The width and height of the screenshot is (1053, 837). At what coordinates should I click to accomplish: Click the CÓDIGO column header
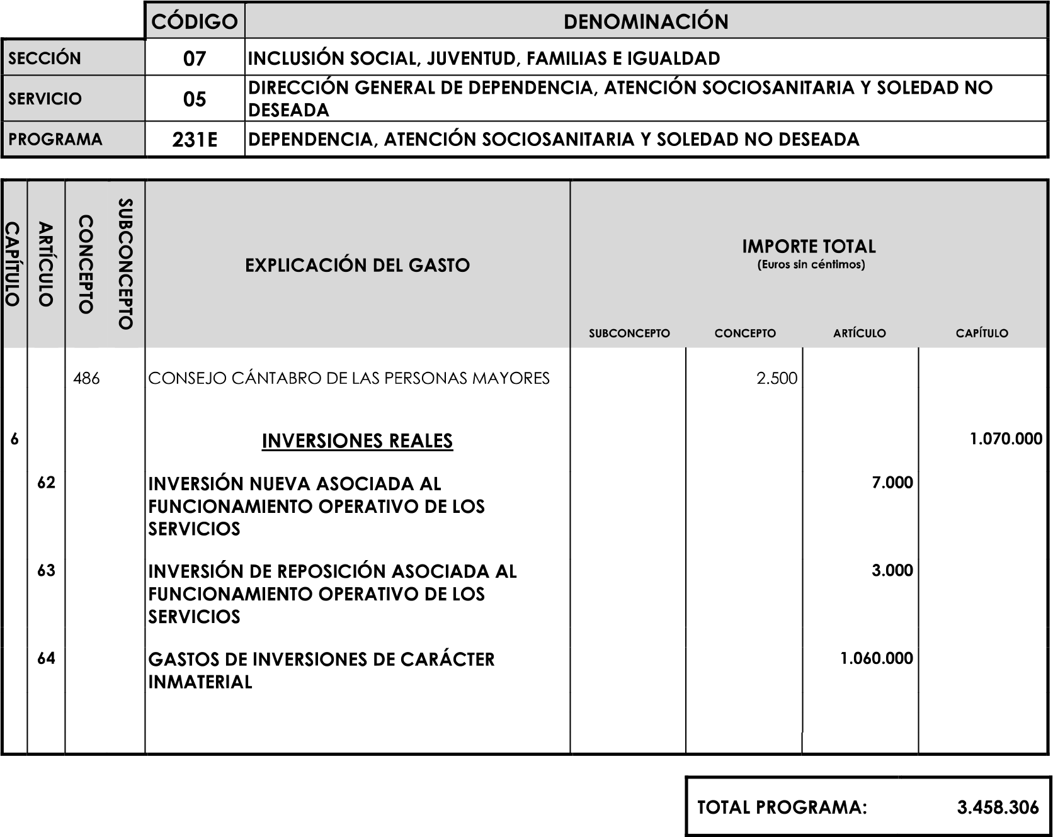(195, 21)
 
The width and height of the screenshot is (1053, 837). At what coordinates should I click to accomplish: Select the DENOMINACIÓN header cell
(646, 21)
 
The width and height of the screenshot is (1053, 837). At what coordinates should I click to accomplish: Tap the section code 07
(195, 59)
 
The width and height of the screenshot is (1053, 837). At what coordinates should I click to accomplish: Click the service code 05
(195, 99)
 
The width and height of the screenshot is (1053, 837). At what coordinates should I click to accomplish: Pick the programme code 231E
(195, 140)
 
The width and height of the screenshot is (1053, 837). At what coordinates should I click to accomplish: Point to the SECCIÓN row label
(45, 59)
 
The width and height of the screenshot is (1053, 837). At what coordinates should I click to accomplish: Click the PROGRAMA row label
(55, 139)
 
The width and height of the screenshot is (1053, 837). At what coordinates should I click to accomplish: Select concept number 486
(86, 379)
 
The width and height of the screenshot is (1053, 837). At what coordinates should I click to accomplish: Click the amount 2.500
(777, 379)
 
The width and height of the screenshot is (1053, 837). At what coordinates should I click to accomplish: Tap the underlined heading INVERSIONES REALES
(357, 441)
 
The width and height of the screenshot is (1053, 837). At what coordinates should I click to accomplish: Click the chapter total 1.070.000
(1006, 439)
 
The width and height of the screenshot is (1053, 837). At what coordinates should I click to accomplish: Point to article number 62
(46, 483)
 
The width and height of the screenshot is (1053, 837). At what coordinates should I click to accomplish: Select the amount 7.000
(892, 483)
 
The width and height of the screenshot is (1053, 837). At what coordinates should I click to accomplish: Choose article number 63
(46, 571)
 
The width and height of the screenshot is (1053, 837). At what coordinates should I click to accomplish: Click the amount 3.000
(892, 571)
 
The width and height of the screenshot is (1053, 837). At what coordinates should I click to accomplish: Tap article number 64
(46, 659)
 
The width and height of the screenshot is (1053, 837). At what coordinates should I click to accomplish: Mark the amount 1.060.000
(876, 659)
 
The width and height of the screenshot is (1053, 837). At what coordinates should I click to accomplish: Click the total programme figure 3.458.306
(998, 807)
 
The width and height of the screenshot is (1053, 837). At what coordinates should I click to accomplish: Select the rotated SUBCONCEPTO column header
(125, 264)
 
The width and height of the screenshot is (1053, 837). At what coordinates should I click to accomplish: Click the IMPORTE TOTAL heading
(809, 247)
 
